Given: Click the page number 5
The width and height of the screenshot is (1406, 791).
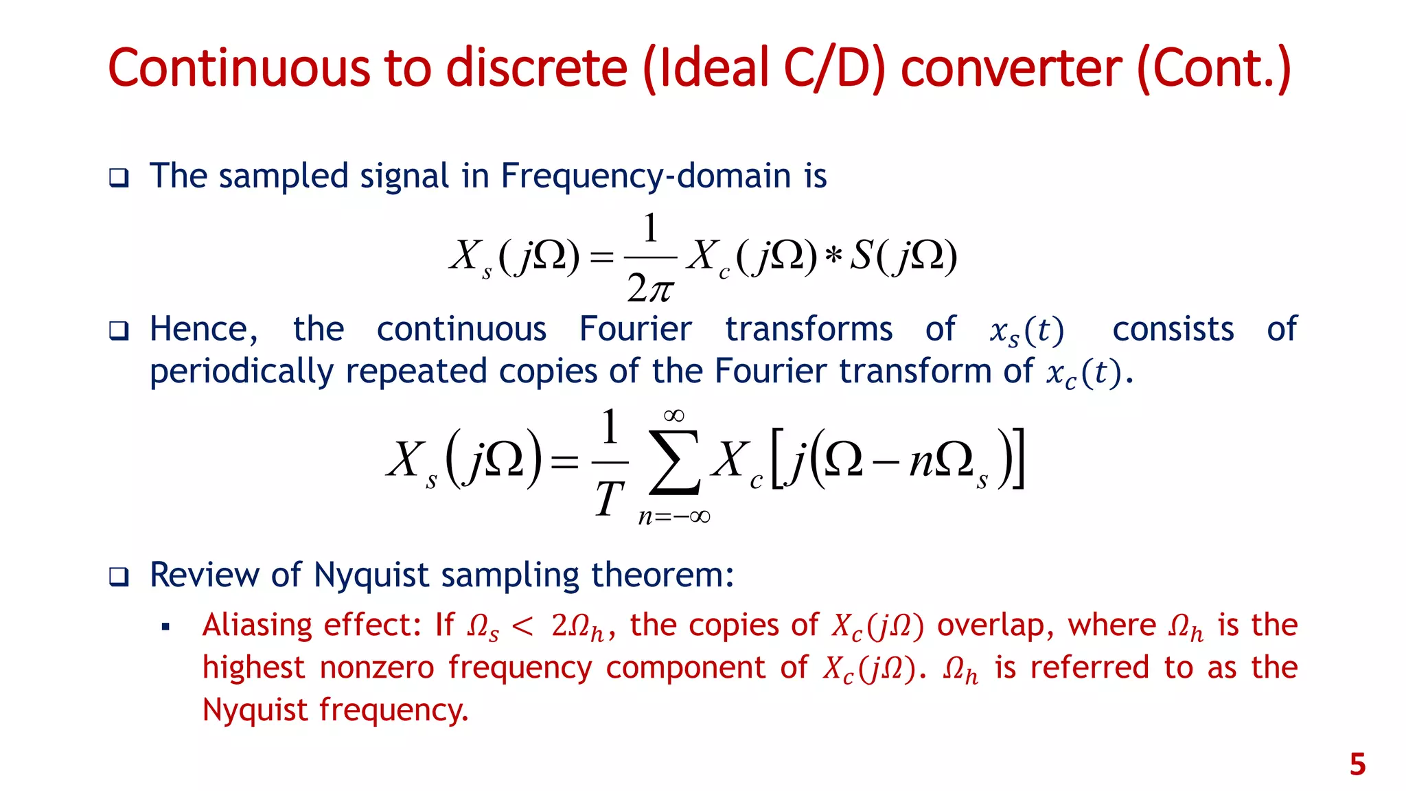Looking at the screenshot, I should [1357, 764].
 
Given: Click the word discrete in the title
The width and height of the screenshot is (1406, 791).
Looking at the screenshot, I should [537, 69].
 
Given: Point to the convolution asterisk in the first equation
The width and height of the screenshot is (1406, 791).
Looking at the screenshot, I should [833, 257].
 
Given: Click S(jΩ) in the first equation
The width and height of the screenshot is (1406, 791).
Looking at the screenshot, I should [903, 257].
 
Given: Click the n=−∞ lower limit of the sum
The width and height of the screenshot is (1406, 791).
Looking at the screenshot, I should [673, 517].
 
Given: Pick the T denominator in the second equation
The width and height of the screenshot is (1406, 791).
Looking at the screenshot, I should [609, 498].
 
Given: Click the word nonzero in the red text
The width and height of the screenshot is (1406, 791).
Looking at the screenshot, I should [377, 667].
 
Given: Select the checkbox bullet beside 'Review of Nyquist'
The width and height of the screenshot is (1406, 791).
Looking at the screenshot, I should [119, 576].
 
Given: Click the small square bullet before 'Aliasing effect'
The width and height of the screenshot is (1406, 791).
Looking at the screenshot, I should [165, 627].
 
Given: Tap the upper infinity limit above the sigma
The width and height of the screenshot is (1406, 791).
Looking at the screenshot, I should [673, 415].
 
